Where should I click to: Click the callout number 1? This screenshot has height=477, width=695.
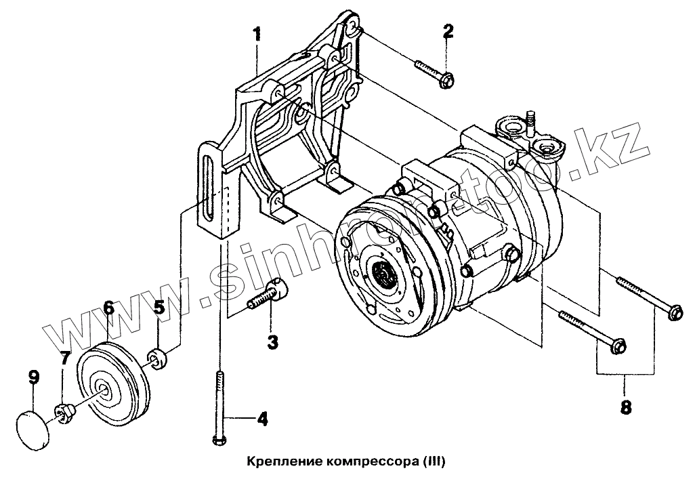pyautogui.click(x=256, y=34)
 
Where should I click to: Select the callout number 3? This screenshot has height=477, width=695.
pyautogui.click(x=272, y=342)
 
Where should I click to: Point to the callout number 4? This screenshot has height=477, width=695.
pyautogui.click(x=261, y=419)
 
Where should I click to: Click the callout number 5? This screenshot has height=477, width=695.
pyautogui.click(x=159, y=308)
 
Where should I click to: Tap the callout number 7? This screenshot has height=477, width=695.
pyautogui.click(x=64, y=358)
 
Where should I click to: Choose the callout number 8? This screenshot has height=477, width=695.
pyautogui.click(x=625, y=407)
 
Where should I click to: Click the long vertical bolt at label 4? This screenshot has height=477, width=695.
pyautogui.click(x=219, y=407)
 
